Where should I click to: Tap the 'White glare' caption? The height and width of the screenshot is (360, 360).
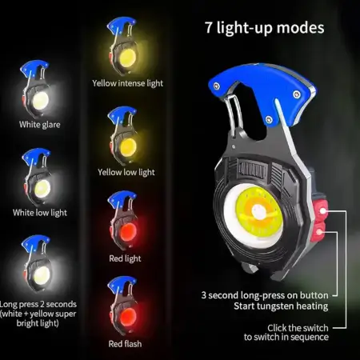click(x=39, y=125)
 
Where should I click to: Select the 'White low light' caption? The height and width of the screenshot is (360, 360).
click(x=39, y=212)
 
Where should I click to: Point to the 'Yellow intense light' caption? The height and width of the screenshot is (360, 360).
click(x=128, y=82)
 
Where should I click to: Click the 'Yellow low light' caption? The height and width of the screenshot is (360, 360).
click(x=126, y=171)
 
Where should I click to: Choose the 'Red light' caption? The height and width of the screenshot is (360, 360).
click(x=125, y=258)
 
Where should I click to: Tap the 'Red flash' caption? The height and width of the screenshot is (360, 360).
click(x=126, y=344)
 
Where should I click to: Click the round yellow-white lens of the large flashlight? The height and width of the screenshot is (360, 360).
click(x=258, y=212)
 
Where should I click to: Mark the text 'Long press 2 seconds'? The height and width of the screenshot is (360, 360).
click(x=37, y=304)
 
